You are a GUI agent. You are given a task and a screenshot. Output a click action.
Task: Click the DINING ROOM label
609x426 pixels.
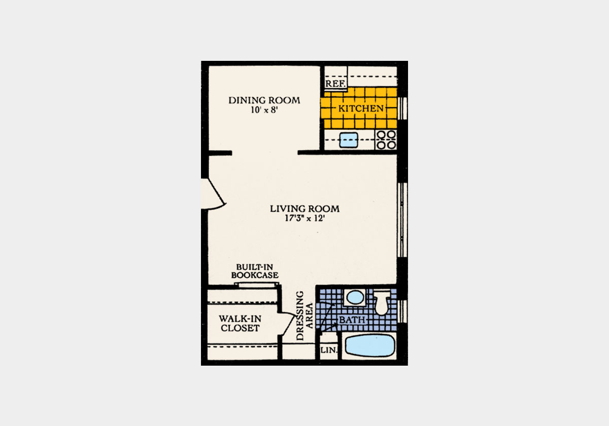[264, 100]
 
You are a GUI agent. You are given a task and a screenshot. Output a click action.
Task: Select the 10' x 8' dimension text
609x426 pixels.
[264, 110]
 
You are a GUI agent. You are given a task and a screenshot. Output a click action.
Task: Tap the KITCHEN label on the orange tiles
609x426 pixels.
[361, 109]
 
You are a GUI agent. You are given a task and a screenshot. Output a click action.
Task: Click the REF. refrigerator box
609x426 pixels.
[335, 83]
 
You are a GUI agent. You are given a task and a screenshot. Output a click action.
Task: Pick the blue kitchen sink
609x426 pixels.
[349, 139]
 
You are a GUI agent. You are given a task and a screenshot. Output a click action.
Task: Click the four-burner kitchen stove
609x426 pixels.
[386, 140]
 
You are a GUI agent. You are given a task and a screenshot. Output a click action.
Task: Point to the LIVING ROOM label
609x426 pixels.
[304, 208]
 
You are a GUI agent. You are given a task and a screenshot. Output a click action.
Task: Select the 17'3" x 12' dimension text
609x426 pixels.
[304, 219]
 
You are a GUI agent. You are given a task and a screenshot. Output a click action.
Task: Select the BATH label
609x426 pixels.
[352, 320]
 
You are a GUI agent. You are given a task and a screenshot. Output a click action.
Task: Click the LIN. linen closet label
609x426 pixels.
[327, 350]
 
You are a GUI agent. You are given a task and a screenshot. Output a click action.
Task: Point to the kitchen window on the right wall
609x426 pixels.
[401, 108]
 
